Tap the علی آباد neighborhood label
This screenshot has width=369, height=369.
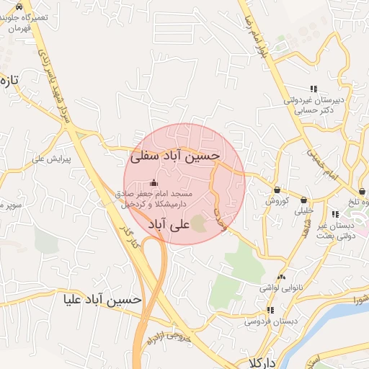(x=169, y=225)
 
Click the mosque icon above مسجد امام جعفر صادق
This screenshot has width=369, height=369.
(x=153, y=183)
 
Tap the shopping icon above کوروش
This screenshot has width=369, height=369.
(x=277, y=190)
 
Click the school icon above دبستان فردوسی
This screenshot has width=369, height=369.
(x=270, y=311)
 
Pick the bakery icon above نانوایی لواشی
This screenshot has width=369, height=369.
(x=281, y=277)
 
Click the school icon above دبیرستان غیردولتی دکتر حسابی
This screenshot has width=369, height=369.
(x=313, y=89)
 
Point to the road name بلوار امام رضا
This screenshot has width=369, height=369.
(x=264, y=32)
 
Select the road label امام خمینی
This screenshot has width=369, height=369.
(x=322, y=163)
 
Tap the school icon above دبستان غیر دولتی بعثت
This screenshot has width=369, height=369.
(x=335, y=214)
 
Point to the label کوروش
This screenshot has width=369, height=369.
(x=277, y=201)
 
